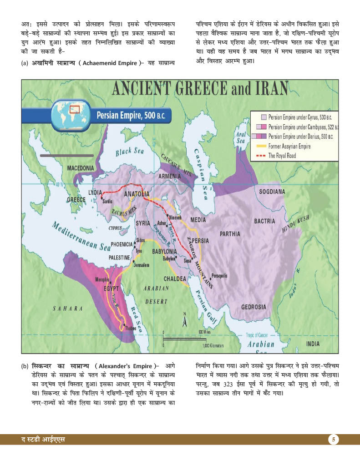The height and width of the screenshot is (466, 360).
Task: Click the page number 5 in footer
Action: click(334, 440)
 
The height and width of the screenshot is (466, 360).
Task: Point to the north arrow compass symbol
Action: click(184, 320)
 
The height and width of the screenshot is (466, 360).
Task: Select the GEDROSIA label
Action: click(254, 306)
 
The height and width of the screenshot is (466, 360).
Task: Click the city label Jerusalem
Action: click(141, 265)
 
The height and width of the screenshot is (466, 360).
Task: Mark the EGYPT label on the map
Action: click(111, 289)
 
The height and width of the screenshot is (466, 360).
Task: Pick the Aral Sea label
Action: click(240, 138)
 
